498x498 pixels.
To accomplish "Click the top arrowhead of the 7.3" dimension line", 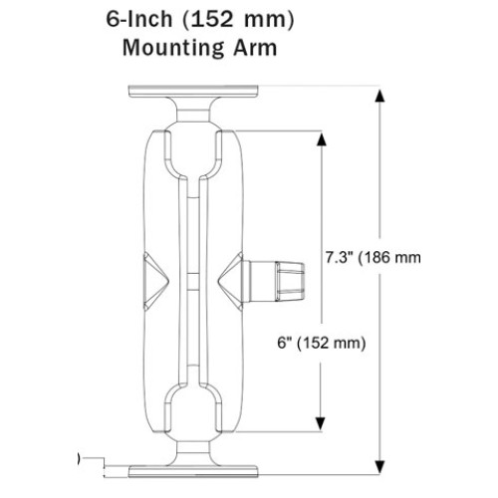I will [379, 98].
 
